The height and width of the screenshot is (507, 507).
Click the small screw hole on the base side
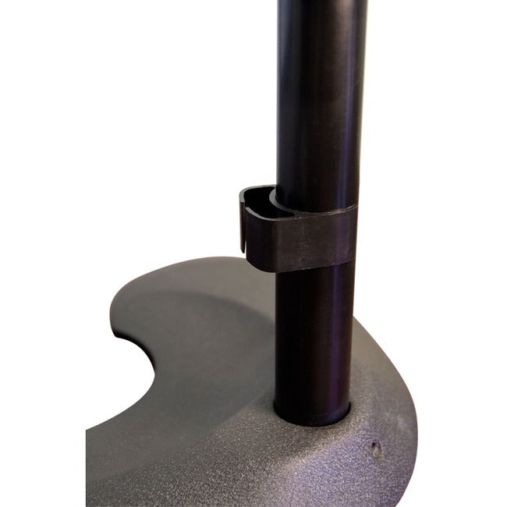pos(376,449)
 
